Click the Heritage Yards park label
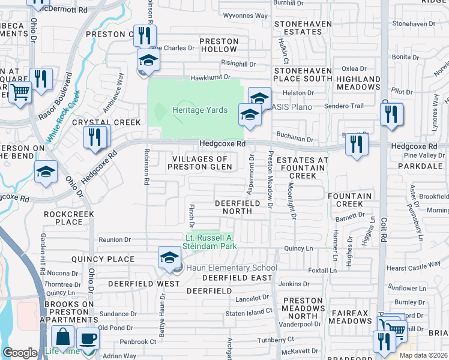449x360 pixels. (x=200, y=110)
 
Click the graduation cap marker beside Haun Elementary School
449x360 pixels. (x=169, y=258)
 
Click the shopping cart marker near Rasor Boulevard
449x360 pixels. (x=20, y=93)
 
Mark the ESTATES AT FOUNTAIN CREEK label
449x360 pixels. (x=302, y=167)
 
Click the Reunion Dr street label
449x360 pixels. (x=115, y=239)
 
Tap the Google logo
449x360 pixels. (x=19, y=353)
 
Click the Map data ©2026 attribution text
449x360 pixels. (x=423, y=355)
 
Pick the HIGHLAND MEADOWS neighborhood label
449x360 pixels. (x=358, y=83)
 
